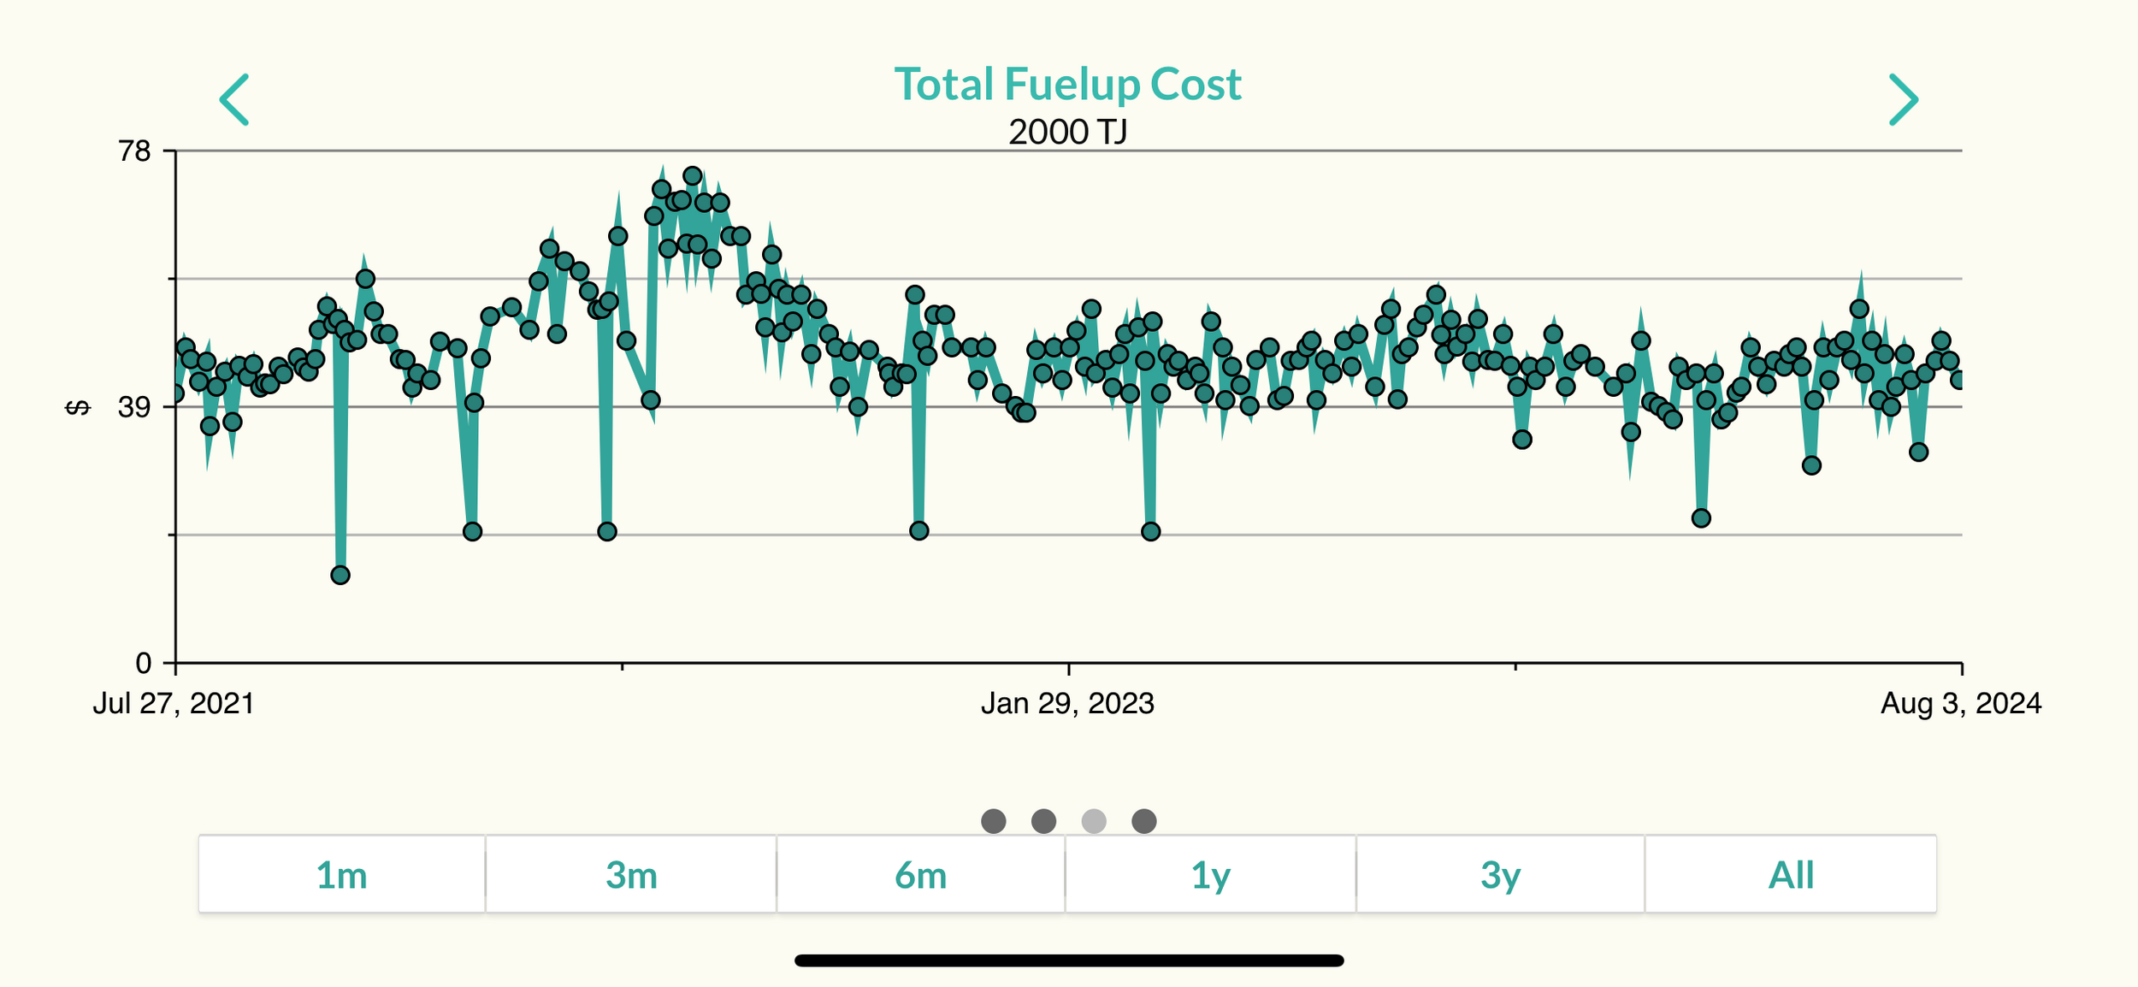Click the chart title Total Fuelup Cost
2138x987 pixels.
1067,85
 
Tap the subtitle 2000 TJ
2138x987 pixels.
1067,132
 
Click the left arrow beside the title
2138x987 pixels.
234,99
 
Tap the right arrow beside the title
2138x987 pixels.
1903,99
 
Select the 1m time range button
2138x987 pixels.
342,875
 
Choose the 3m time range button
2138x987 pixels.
631,875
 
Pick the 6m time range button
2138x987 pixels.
920,875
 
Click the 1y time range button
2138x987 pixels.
1210,875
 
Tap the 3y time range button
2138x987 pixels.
1500,875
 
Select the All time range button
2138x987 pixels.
1790,875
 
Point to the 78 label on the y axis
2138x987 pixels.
134,151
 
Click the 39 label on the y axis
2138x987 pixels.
134,407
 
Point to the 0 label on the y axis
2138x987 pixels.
143,663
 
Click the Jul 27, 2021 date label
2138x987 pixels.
174,704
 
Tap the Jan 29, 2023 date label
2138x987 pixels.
1067,704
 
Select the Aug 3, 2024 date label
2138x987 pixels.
1960,704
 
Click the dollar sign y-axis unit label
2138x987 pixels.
78,408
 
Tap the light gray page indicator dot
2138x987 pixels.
1094,821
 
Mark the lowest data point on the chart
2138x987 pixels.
340,575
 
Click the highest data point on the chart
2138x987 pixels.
693,176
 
